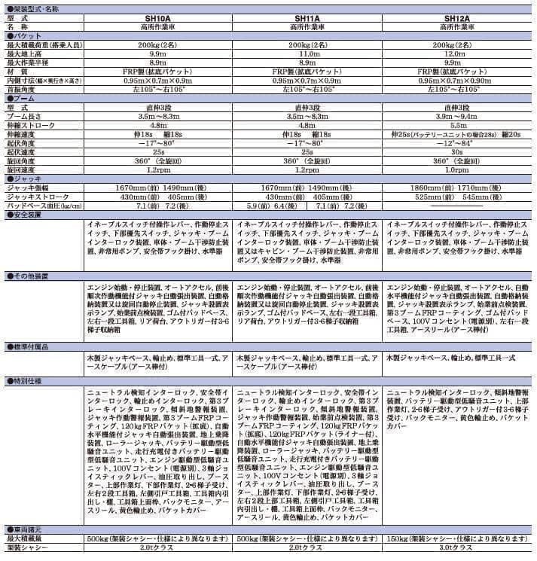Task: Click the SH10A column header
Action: click(159, 17)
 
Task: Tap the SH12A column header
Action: click(459, 17)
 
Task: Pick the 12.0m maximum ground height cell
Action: click(459, 54)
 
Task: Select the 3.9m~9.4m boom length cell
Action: click(459, 117)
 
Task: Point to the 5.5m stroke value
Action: click(459, 126)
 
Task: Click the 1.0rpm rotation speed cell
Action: click(459, 170)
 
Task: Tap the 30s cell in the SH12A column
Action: click(459, 152)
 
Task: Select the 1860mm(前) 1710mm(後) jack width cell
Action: click(459, 188)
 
